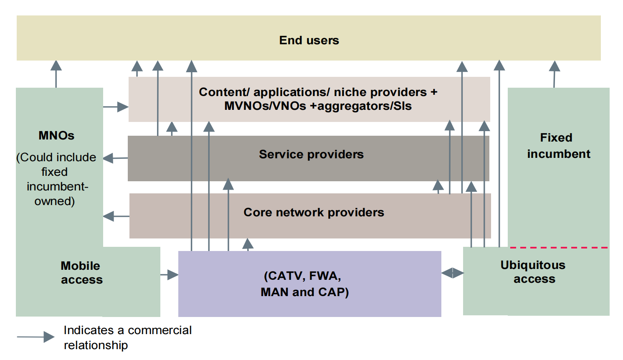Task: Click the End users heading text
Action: click(x=309, y=41)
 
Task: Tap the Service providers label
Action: click(x=311, y=155)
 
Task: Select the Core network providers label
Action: click(x=314, y=213)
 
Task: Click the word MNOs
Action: click(x=56, y=136)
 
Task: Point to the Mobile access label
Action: click(x=81, y=273)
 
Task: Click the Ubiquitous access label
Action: click(x=534, y=272)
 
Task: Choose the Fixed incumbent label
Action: click(x=558, y=146)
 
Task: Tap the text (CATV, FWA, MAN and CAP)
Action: click(x=304, y=284)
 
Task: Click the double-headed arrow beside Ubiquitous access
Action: click(x=453, y=273)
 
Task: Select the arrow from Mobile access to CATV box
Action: click(x=170, y=275)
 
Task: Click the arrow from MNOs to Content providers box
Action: click(x=116, y=107)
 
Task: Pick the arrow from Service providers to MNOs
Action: click(x=115, y=158)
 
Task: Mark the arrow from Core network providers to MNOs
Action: click(x=116, y=216)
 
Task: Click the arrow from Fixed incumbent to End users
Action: click(x=554, y=74)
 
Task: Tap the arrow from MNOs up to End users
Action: click(x=56, y=74)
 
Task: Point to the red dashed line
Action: click(x=559, y=248)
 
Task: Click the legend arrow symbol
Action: click(x=36, y=337)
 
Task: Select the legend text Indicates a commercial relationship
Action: click(x=127, y=337)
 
